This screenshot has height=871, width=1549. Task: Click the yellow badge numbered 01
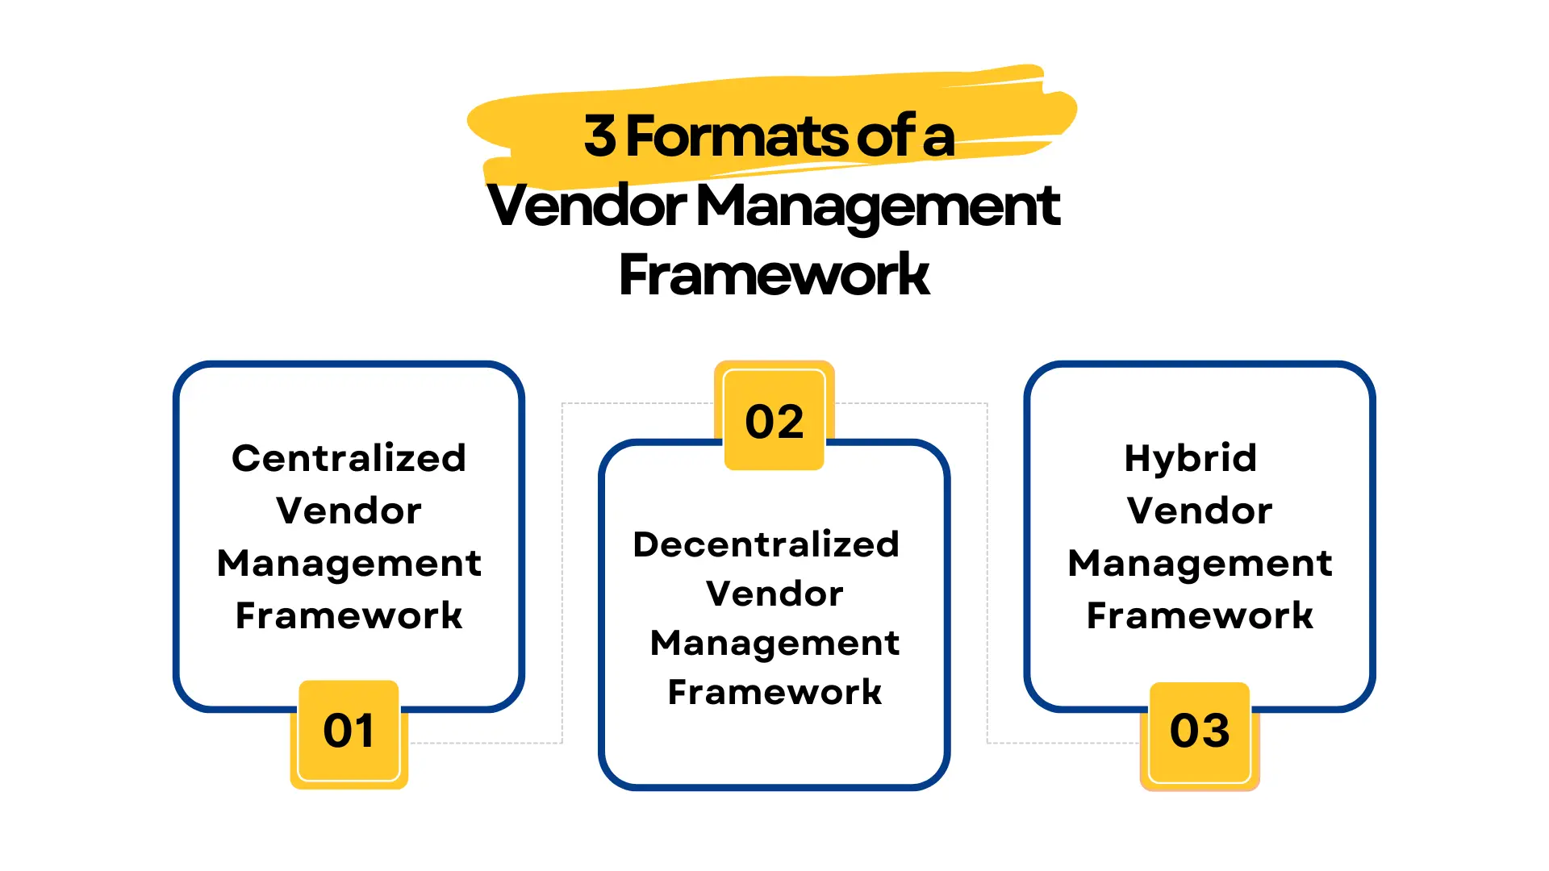tap(349, 732)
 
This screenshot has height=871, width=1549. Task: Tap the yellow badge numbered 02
tap(774, 419)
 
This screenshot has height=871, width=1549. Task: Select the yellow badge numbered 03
tap(1200, 732)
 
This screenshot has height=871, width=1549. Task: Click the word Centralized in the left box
tap(349, 458)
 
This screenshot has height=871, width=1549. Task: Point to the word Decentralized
tap(766, 544)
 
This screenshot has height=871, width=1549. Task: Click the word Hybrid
tap(1191, 458)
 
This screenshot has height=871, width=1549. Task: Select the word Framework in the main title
tap(774, 275)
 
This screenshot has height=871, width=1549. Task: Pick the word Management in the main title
tap(877, 206)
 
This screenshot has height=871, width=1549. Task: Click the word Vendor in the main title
tap(587, 206)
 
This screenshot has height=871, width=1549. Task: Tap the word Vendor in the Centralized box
tap(349, 511)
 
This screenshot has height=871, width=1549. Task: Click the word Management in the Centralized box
tap(349, 563)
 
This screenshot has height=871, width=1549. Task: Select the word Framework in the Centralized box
tap(349, 615)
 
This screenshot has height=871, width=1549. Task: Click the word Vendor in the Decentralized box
tap(774, 594)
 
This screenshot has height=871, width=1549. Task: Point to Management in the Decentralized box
tap(774, 643)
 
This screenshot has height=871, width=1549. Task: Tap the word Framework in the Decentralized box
tap(774, 692)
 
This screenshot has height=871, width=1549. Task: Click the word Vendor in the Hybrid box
tap(1200, 511)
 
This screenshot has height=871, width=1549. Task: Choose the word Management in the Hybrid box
tap(1200, 563)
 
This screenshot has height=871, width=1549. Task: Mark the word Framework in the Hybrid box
tap(1200, 615)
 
